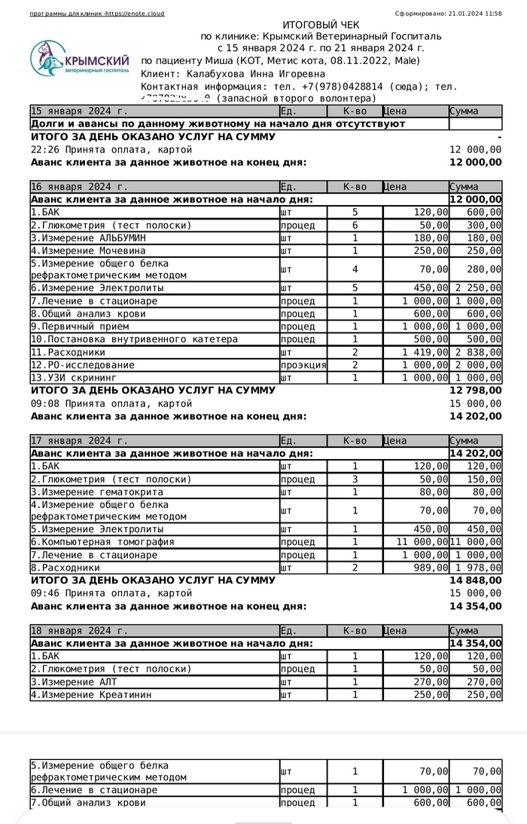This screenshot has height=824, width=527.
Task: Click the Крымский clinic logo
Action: pyautogui.click(x=80, y=60)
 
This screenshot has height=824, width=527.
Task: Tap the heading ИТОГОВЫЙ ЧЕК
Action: pyautogui.click(x=321, y=25)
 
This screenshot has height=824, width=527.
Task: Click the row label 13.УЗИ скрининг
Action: pyautogui.click(x=74, y=378)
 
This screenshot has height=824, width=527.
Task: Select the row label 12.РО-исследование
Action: pyautogui.click(x=83, y=365)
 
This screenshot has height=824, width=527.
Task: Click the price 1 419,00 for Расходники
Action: pyautogui.click(x=425, y=352)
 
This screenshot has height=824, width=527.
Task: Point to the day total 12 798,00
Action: pyautogui.click(x=475, y=391)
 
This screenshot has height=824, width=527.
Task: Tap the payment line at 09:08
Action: pyautogui.click(x=105, y=403)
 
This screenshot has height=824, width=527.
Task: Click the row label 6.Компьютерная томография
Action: pyautogui.click(x=102, y=542)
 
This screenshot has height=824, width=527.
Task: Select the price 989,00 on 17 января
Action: pyautogui.click(x=431, y=568)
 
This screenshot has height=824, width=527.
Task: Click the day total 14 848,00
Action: pyautogui.click(x=475, y=580)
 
